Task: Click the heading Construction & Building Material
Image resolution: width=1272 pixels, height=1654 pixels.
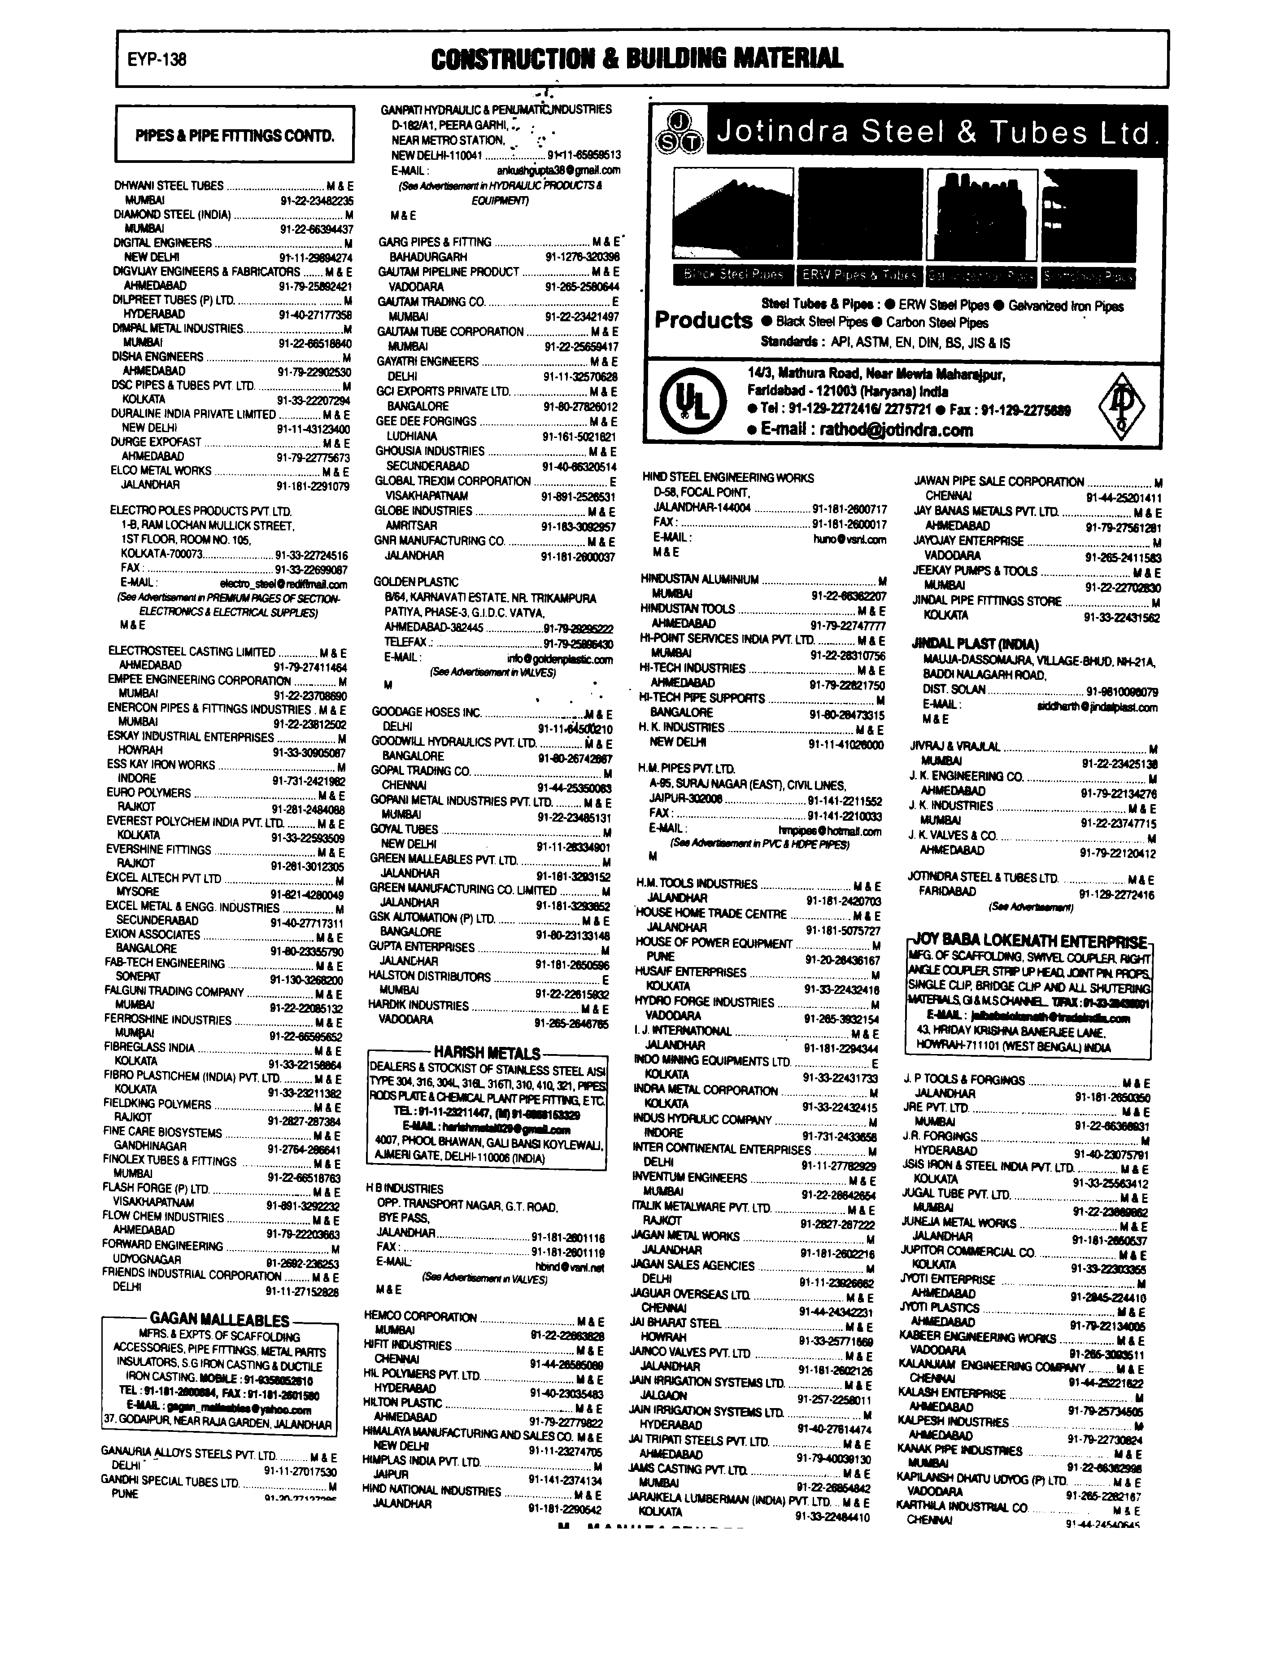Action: (636, 58)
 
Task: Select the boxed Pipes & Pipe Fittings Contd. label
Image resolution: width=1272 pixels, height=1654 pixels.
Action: (235, 136)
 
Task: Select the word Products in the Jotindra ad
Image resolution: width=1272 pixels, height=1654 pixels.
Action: (703, 320)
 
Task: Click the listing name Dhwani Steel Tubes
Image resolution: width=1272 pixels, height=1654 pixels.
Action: (169, 185)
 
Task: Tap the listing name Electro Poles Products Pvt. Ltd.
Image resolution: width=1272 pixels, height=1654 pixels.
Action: (200, 511)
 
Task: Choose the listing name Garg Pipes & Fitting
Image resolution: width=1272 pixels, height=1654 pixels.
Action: (435, 242)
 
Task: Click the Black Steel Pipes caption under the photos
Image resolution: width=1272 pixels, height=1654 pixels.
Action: (732, 275)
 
